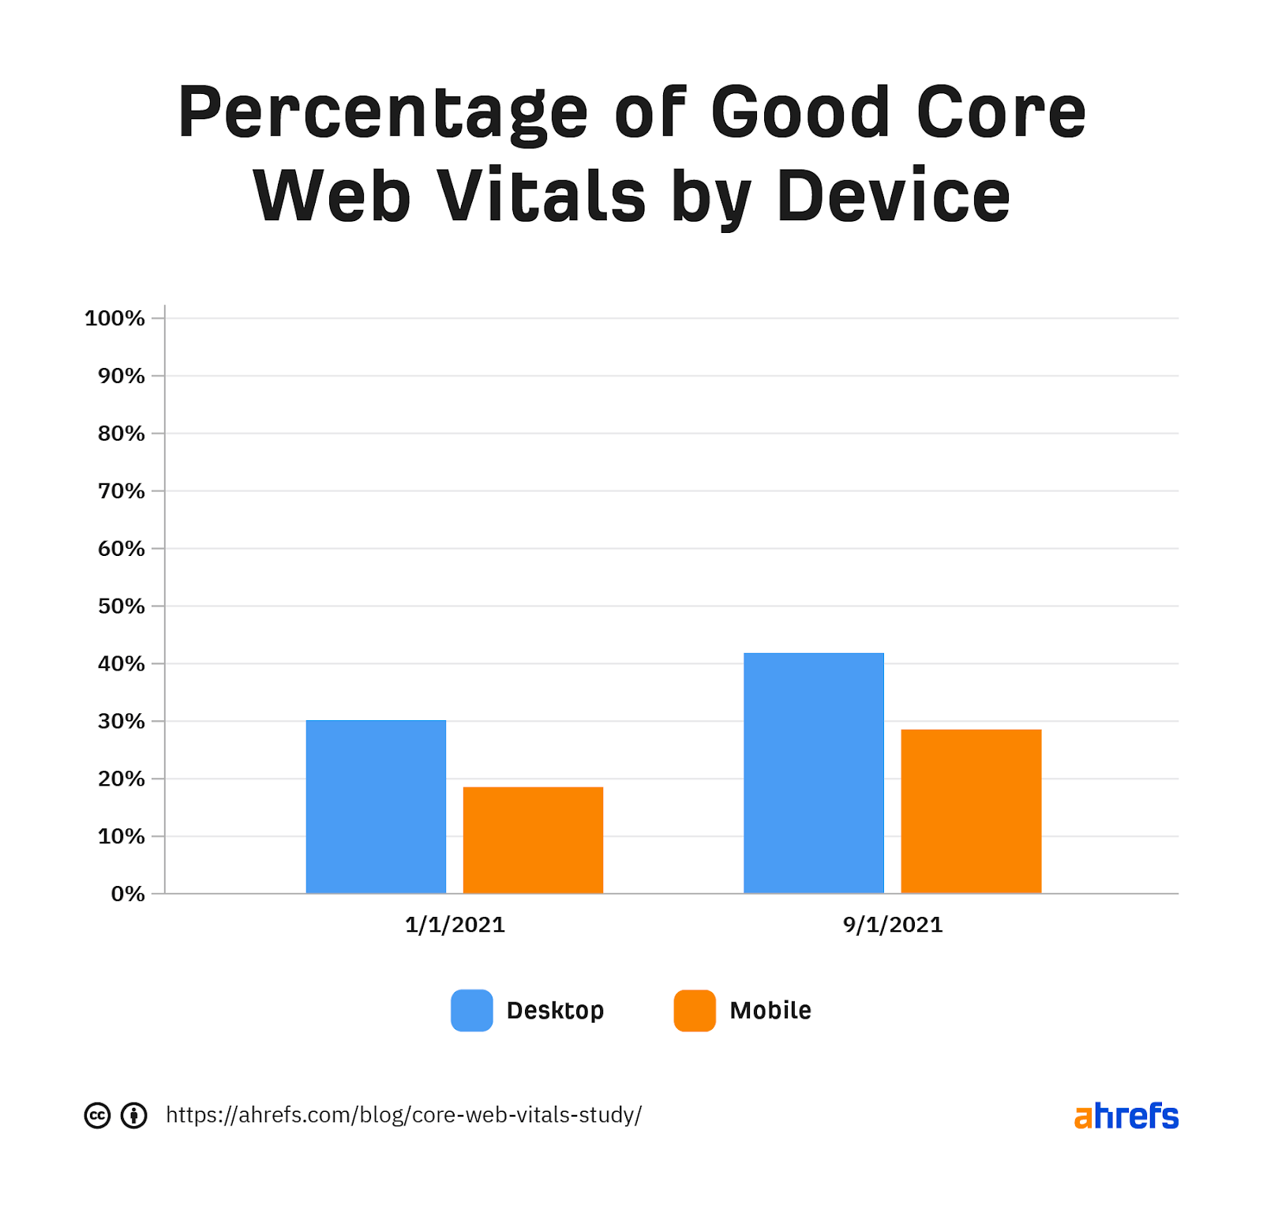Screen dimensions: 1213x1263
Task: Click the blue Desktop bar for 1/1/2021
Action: coord(376,806)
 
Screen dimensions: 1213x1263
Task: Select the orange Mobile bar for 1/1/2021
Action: coord(533,839)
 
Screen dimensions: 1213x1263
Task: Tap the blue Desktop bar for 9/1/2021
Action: coord(813,772)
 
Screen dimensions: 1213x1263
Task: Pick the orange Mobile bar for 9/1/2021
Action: coord(971,811)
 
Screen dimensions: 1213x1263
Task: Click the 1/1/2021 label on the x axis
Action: coord(455,925)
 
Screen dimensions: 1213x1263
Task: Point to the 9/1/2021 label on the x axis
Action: coord(893,925)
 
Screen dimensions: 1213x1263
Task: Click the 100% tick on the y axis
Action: coord(115,318)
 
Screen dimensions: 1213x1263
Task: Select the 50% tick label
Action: coord(122,606)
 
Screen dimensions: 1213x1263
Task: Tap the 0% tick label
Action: coord(128,894)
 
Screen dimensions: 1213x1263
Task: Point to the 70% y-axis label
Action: coord(122,491)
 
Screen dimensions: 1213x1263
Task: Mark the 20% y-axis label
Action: coord(122,779)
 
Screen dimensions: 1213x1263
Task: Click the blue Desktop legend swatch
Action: coord(472,1010)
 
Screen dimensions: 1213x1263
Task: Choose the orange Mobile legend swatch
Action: coord(695,1010)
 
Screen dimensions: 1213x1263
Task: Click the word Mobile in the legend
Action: coord(770,1010)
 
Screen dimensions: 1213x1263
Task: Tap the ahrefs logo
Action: coord(1126,1116)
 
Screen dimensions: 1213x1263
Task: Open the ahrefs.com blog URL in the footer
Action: coord(403,1115)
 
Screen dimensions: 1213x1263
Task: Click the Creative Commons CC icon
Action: coord(97,1115)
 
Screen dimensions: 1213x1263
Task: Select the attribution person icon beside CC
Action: coord(134,1115)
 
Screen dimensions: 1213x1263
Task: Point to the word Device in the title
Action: coord(893,196)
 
